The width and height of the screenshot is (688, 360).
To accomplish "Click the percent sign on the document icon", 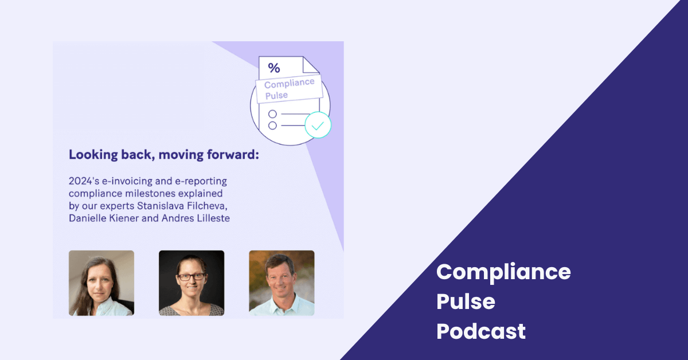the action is [x=274, y=68].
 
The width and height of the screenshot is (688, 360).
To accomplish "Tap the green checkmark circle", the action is [x=318, y=125].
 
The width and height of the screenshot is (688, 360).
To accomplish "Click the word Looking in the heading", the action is [x=93, y=155].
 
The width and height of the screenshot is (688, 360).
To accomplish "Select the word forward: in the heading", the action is [x=233, y=155].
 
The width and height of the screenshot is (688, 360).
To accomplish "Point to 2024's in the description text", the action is [x=84, y=181].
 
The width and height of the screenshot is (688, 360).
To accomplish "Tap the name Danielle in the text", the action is [x=87, y=218].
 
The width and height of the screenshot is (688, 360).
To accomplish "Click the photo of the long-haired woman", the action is [x=101, y=283].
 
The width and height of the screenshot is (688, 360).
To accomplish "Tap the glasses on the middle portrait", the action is [x=191, y=277].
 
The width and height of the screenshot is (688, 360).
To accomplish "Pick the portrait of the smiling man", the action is [x=282, y=283].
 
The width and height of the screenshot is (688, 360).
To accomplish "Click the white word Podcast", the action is [x=481, y=331].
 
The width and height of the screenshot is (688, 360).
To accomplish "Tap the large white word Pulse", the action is [x=466, y=302].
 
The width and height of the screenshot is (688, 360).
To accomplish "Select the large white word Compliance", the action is [x=503, y=272].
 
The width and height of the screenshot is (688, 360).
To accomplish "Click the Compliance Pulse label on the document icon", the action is [x=290, y=88].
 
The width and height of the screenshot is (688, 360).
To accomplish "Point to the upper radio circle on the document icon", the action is [x=272, y=114].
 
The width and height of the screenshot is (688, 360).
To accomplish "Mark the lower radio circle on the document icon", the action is [x=272, y=126].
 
